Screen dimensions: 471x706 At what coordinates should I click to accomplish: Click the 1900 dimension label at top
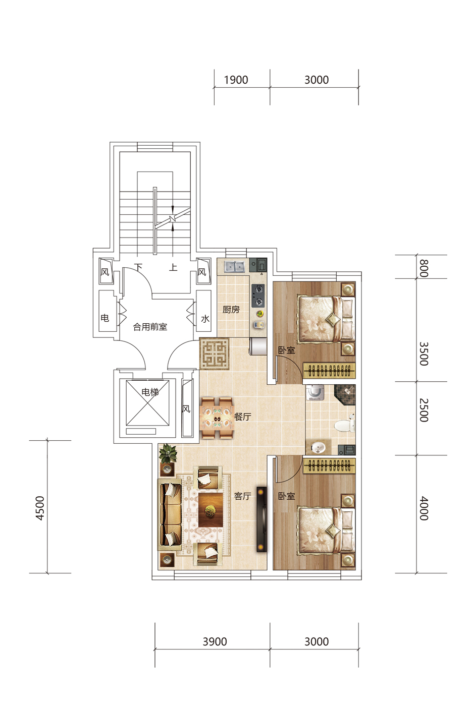pyautogui.click(x=236, y=80)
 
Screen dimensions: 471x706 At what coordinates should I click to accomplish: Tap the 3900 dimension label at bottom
pyautogui.click(x=215, y=641)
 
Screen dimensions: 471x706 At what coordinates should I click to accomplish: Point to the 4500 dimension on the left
pyautogui.click(x=40, y=508)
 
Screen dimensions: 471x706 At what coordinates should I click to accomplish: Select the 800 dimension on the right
pyautogui.click(x=424, y=268)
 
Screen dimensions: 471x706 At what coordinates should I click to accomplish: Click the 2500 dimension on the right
pyautogui.click(x=424, y=410)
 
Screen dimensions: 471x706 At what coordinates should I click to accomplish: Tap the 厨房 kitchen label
pyautogui.click(x=231, y=310)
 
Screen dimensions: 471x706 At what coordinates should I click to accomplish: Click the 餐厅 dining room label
pyautogui.click(x=242, y=417)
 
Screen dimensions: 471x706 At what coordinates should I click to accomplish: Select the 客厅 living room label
pyautogui.click(x=242, y=496)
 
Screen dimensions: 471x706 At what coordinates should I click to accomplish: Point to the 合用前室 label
pyautogui.click(x=150, y=327)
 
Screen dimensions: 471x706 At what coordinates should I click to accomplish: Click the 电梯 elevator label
pyautogui.click(x=150, y=392)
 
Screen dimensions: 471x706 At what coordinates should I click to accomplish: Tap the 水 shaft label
pyautogui.click(x=205, y=319)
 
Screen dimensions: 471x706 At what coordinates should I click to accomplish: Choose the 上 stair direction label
pyautogui.click(x=173, y=268)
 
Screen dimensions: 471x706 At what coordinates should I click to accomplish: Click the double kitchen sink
pyautogui.click(x=234, y=267)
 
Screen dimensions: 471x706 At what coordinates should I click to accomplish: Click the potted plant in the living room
pyautogui.click(x=168, y=453)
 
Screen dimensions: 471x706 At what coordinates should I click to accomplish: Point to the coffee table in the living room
pyautogui.click(x=211, y=510)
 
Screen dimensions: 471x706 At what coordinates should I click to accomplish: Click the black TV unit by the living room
pyautogui.click(x=261, y=519)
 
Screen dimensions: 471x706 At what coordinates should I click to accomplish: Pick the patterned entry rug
pyautogui.click(x=215, y=354)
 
